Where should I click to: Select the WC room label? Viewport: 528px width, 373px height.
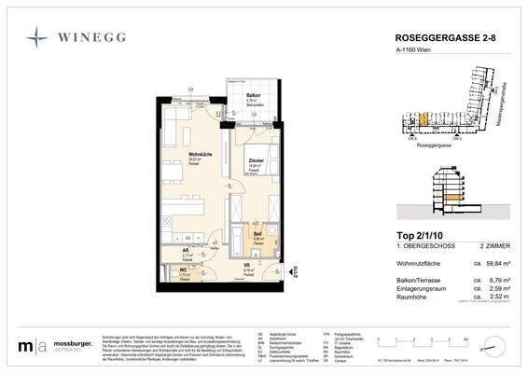[185, 271]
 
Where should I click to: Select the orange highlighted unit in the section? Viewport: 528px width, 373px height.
[452, 197]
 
